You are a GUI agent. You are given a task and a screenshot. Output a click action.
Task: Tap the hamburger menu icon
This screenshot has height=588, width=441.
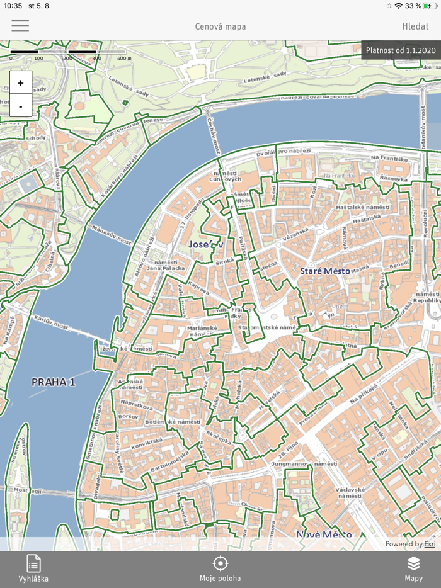click(x=20, y=26)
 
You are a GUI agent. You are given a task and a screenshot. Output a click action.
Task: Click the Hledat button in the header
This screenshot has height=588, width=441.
click(x=415, y=26)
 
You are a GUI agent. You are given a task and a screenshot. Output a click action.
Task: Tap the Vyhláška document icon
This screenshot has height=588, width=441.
click(x=33, y=563)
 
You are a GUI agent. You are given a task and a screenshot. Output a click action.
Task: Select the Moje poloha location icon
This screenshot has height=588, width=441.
click(x=220, y=563)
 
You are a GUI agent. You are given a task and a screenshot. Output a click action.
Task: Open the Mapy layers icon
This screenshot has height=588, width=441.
click(x=413, y=563)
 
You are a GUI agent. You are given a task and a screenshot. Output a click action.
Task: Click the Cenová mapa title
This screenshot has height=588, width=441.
click(x=220, y=26)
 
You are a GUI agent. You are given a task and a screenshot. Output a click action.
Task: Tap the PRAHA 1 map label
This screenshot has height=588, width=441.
click(x=54, y=382)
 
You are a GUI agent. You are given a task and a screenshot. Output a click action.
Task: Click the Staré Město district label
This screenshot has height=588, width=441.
click(x=324, y=271)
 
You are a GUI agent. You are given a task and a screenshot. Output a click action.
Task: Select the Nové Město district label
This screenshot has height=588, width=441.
click(x=324, y=534)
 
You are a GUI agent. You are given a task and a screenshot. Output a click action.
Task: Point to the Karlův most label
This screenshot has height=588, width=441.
click(x=52, y=322)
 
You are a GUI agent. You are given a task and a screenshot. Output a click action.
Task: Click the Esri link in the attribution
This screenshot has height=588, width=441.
click(x=429, y=544)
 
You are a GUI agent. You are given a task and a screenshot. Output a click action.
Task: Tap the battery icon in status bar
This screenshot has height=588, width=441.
click(x=430, y=6)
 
